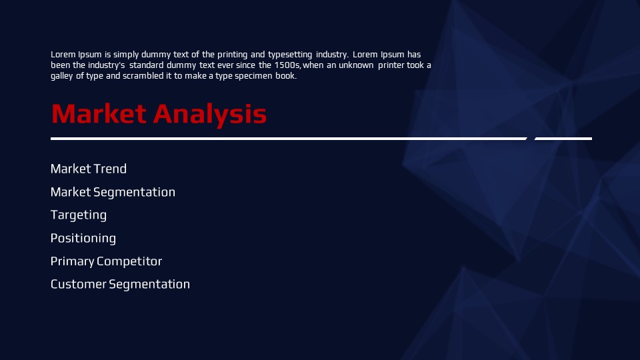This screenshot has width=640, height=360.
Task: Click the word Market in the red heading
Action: coord(99,113)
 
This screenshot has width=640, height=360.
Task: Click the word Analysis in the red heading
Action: coord(210,115)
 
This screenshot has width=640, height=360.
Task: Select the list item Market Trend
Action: coord(89,169)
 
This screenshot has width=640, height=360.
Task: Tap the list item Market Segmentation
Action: coord(113,192)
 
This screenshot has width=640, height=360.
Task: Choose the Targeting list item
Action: coord(79,215)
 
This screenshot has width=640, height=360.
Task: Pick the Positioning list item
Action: coord(83,239)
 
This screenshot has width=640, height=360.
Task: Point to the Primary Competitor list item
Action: coord(106,261)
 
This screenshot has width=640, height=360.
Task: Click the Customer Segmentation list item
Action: coord(120,285)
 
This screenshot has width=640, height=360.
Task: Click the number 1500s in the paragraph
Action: coord(287,65)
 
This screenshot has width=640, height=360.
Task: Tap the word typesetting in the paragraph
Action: coord(290,55)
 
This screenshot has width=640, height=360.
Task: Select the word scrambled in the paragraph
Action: coord(143,76)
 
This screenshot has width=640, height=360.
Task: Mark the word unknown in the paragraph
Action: coord(356,65)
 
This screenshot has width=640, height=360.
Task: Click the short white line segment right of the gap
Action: coord(563,139)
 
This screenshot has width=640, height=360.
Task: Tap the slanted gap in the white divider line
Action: coord(531,139)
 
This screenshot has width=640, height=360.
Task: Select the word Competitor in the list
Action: coord(129,261)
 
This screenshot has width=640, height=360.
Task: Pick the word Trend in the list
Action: coord(110,169)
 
